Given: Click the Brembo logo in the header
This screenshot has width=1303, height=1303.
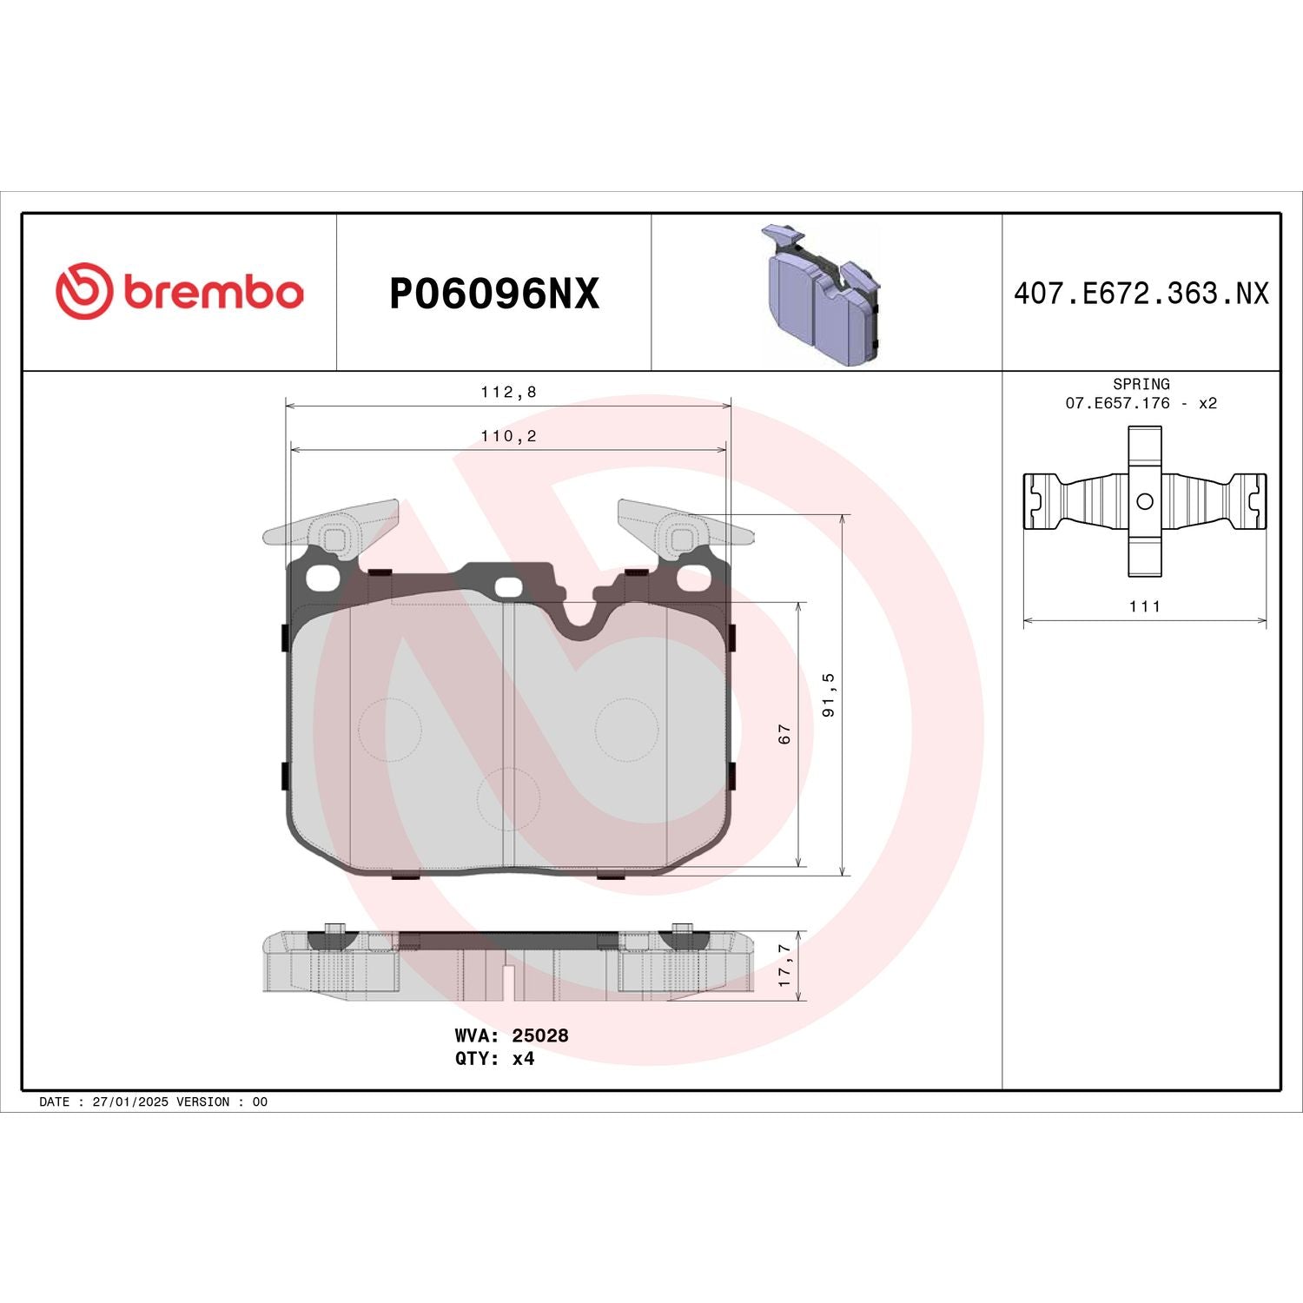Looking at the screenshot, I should point(180,291).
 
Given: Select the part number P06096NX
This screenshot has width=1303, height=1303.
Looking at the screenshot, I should point(493,294).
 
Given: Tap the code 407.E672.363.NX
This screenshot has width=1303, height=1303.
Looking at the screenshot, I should point(1141,294).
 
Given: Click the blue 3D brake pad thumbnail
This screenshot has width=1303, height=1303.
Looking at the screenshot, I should point(823,295).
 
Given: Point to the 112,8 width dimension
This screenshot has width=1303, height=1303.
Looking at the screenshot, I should point(508,393).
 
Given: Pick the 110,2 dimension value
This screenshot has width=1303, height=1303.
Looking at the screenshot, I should point(508,436).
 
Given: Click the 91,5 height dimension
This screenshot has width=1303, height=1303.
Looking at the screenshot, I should point(829,694).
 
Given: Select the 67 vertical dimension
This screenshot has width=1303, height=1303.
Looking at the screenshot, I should point(784,734).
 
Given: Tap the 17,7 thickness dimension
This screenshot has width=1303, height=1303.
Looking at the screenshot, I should point(784,964).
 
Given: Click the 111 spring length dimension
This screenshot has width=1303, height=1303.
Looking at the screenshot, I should point(1144,606).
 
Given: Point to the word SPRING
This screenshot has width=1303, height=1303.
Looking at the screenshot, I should point(1141,384).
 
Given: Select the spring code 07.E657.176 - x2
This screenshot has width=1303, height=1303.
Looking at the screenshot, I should point(1141,403).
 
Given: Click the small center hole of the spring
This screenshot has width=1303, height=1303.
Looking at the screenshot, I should point(1144,501).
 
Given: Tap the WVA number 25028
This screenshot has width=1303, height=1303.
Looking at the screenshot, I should point(539,1035).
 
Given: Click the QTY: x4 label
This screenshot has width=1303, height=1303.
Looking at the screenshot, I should point(494,1058).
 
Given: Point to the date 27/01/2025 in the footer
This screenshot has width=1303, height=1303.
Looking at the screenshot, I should point(129,1101).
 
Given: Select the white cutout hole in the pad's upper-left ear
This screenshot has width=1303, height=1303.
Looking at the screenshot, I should point(326,577).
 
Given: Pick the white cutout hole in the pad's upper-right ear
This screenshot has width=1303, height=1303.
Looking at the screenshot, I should point(694,577).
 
